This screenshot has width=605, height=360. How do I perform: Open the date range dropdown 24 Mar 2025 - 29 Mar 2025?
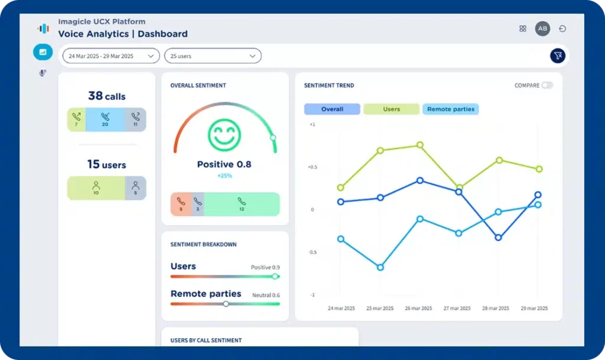point(110,56)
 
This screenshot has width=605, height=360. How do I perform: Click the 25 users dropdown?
point(212,56)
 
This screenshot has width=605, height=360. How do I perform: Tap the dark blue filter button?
point(557,56)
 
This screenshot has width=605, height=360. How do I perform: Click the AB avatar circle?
point(542,28)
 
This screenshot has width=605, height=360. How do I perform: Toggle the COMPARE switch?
point(547,85)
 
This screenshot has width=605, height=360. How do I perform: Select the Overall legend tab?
point(332,109)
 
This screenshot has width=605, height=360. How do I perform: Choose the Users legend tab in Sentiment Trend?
point(391,109)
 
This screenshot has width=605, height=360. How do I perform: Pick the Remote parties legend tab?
point(450,109)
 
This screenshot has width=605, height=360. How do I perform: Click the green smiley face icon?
point(225,135)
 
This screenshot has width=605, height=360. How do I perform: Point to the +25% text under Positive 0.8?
point(224,176)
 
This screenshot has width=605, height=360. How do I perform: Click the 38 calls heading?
point(106,96)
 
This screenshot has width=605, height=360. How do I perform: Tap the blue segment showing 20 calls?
point(105,119)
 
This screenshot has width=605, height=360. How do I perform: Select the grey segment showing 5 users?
point(135,188)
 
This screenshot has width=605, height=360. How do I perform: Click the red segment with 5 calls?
point(181,204)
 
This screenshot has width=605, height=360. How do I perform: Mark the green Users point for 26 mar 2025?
point(420,145)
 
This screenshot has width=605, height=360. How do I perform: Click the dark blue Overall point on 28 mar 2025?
point(498,238)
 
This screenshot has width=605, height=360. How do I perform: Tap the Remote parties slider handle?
point(226,304)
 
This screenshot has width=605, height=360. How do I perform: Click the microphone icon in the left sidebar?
point(43,73)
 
